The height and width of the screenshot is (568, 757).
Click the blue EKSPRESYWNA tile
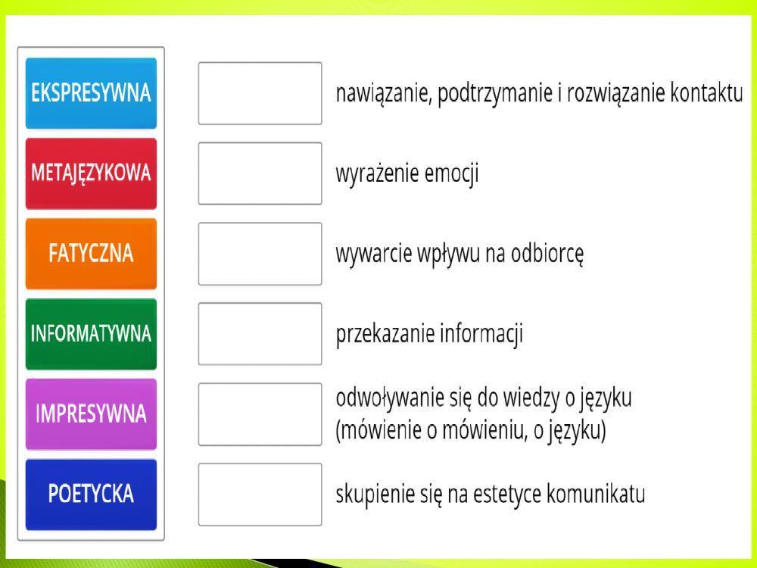[x=91, y=93]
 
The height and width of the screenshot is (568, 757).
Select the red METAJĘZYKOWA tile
[x=91, y=173]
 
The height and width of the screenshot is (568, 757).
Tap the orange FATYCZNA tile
[x=91, y=254]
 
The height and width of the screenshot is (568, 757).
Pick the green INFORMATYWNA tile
[x=91, y=334]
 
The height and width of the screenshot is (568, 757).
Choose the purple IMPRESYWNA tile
[x=91, y=414]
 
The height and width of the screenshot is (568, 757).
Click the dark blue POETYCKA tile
[x=91, y=495]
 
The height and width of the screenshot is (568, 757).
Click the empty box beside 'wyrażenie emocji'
[x=260, y=173]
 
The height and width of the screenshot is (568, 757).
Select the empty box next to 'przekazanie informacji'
[x=260, y=334]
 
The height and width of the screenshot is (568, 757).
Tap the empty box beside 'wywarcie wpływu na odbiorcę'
[x=260, y=254]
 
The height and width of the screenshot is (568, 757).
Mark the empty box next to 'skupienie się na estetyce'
[x=260, y=495]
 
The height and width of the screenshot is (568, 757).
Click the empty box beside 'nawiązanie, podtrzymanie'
[x=260, y=93]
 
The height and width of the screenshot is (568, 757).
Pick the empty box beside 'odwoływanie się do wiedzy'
[x=260, y=414]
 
